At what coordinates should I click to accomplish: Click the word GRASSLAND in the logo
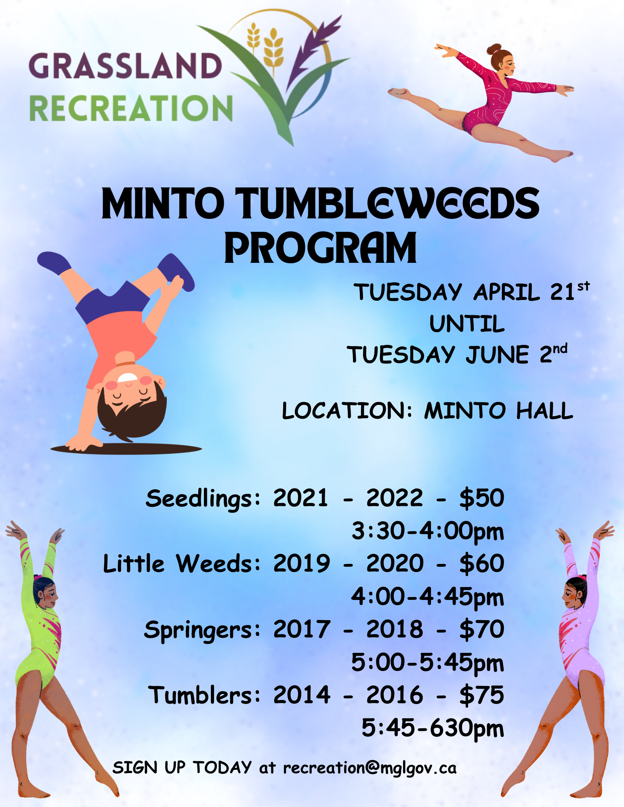(x=125, y=65)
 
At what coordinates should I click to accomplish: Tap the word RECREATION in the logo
(x=131, y=108)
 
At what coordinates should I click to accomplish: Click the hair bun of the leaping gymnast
(x=494, y=50)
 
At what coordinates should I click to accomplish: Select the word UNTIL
(x=467, y=324)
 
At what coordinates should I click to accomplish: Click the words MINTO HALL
(x=498, y=411)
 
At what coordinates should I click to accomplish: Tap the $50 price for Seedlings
(x=482, y=497)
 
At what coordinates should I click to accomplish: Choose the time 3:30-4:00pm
(x=428, y=531)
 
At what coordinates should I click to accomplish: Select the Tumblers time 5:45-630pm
(x=433, y=728)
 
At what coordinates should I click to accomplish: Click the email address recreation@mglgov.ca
(x=370, y=768)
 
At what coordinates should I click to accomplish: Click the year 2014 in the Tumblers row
(x=302, y=695)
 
